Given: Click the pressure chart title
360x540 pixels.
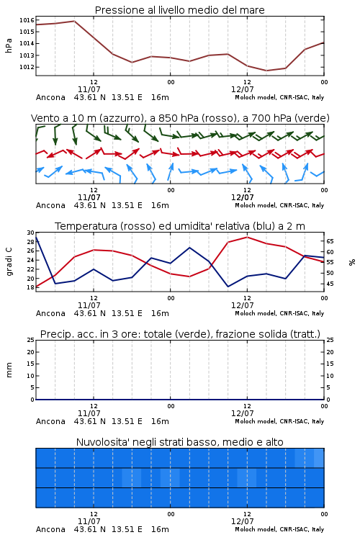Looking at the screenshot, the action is [x=180, y=10].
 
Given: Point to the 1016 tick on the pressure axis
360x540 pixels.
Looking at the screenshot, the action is [x=27, y=20].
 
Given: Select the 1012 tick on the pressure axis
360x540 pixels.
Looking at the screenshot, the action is [x=27, y=67].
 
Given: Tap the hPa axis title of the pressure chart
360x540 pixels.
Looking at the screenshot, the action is [x=9, y=45].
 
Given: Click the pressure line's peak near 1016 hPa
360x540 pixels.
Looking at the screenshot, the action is [x=74, y=21].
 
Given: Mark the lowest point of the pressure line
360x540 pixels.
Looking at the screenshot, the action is [x=266, y=71].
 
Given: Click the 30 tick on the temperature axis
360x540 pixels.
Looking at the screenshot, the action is [x=31, y=233].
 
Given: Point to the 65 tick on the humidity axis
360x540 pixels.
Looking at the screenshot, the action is [x=330, y=241].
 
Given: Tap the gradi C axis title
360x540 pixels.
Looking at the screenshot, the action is [x=9, y=262].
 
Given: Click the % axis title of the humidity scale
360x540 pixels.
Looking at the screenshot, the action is [x=352, y=262].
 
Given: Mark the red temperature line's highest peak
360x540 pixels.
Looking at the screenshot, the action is [x=247, y=237].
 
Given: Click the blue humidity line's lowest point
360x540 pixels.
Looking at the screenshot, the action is [x=228, y=287].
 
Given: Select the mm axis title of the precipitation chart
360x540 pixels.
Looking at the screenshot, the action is [x=9, y=370].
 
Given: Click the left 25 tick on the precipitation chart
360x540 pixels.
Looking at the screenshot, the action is [x=31, y=340].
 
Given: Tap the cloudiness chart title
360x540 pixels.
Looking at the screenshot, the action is [x=180, y=442].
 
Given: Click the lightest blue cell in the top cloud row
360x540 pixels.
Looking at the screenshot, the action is [x=319, y=458].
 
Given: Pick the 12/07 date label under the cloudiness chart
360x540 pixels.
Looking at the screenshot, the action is [x=243, y=521].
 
